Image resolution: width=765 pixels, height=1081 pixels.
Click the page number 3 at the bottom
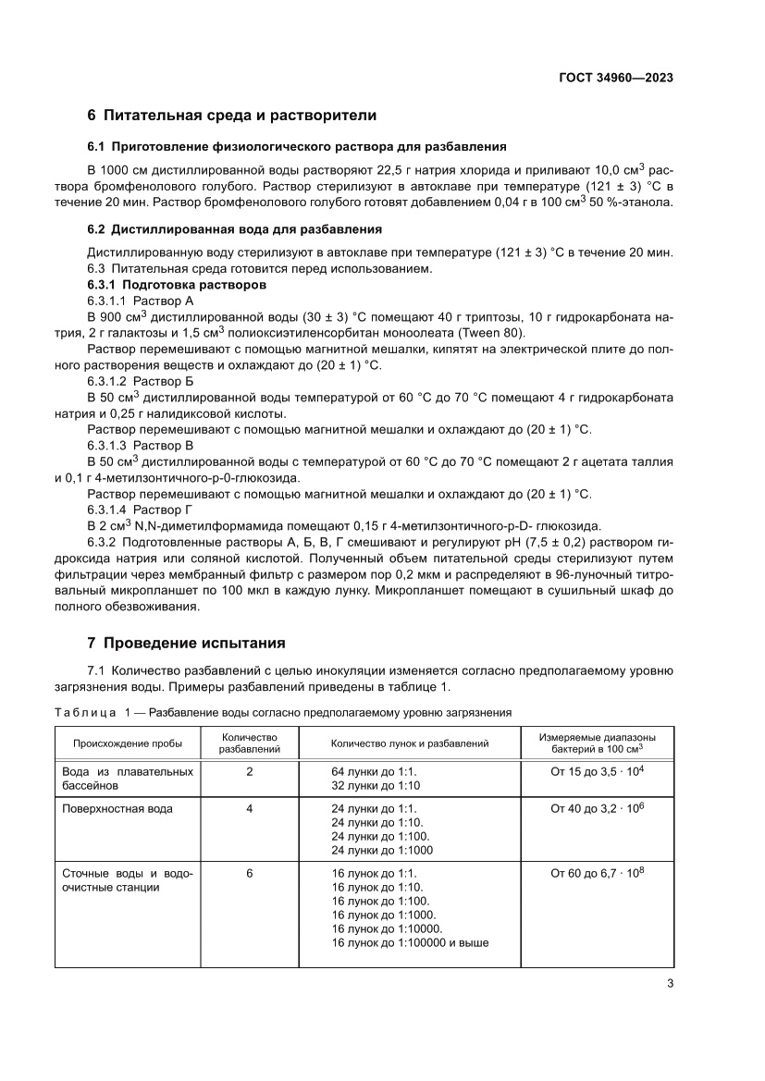tap(669, 984)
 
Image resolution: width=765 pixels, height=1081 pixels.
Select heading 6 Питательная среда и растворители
tap(231, 116)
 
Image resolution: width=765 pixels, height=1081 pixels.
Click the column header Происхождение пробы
tap(122, 743)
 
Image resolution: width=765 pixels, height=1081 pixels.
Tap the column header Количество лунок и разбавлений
tap(410, 743)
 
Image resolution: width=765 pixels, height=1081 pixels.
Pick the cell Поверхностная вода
tap(117, 808)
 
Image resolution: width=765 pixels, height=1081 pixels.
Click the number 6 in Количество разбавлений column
tap(250, 872)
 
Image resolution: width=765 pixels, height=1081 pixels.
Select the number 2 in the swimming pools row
tap(250, 770)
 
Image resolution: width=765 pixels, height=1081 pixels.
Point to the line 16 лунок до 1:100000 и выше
tap(410, 943)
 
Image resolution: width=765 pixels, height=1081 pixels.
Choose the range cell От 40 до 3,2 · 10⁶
tap(597, 808)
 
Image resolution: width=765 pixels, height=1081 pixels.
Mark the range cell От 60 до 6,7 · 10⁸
tap(597, 872)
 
